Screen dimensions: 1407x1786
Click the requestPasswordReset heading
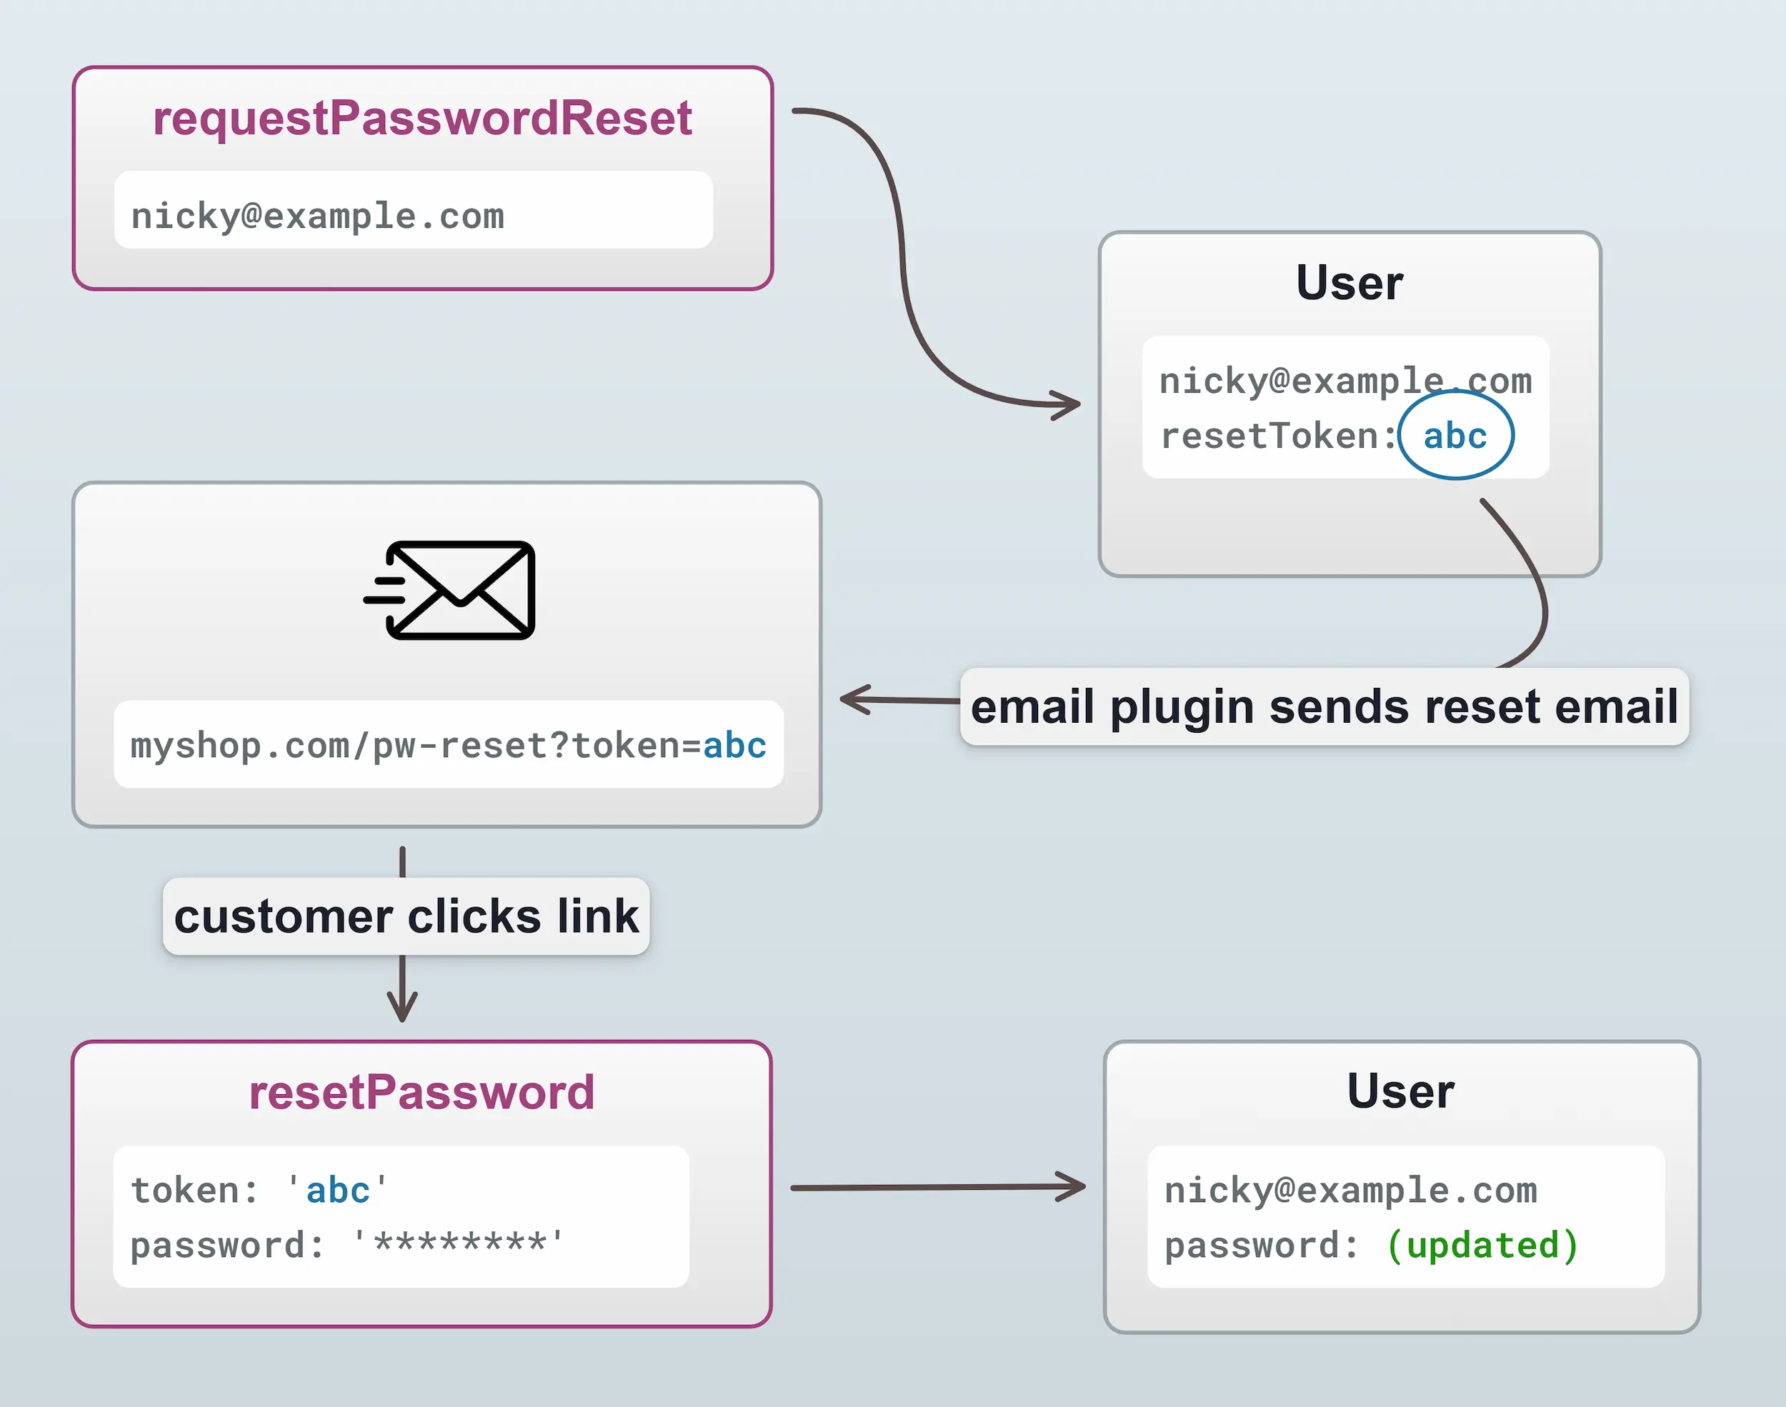[421, 118]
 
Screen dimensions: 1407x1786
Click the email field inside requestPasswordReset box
[318, 216]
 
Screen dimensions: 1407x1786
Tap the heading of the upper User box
[1350, 283]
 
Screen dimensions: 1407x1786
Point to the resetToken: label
[1277, 436]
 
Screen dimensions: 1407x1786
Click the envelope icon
[452, 590]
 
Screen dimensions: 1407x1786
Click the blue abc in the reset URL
[734, 746]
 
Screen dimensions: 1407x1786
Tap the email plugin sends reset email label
[1324, 707]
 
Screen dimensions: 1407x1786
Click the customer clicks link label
[406, 916]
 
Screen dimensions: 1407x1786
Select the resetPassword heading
[421, 1092]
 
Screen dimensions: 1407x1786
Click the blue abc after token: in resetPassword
[338, 1191]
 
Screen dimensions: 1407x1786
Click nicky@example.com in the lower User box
[1350, 1191]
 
